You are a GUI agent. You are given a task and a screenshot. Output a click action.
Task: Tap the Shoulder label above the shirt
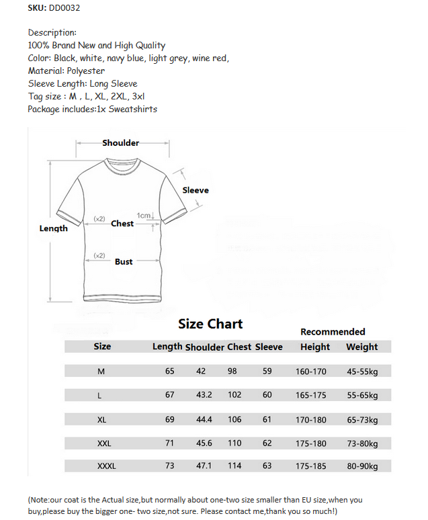121,142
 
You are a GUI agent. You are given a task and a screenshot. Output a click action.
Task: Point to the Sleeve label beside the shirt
196,190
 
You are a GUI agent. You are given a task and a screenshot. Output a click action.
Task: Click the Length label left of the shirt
54,228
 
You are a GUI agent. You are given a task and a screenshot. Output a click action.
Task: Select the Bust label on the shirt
124,261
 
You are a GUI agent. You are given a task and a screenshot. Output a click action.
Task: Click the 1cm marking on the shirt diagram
144,216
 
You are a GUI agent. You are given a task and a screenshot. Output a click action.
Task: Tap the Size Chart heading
210,324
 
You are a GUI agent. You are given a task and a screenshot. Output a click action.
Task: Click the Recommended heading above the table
333,331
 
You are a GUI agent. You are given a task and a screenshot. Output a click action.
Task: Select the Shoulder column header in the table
204,347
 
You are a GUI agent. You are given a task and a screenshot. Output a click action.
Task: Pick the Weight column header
362,347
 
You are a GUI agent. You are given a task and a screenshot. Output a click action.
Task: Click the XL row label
102,419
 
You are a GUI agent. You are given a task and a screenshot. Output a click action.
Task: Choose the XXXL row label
106,466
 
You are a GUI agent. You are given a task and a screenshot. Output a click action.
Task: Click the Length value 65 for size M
170,371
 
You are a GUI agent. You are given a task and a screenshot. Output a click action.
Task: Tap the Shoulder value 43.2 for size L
204,395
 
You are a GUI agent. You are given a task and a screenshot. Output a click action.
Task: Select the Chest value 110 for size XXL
234,443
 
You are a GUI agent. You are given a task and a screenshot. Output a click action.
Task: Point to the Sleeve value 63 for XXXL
267,466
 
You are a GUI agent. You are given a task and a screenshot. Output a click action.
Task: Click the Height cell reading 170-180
311,419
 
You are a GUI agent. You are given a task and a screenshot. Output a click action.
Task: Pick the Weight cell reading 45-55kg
362,371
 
